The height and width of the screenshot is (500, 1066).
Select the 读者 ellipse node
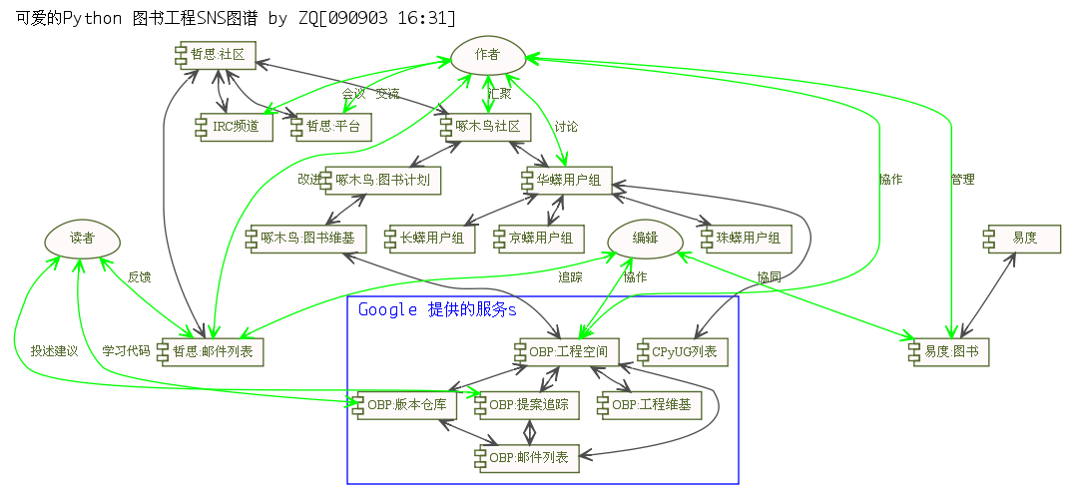coord(82,239)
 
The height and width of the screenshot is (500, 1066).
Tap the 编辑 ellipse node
coord(645,239)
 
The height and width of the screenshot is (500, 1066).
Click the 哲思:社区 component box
coord(215,55)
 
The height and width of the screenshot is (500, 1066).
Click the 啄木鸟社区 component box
coord(486,127)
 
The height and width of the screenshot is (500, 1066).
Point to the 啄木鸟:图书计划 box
coord(383,181)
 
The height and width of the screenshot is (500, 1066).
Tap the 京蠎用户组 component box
coord(539,239)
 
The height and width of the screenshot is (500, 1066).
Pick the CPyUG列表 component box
coord(683,351)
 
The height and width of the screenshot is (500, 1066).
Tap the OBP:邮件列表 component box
coord(527,458)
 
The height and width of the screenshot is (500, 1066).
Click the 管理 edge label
coord(962,180)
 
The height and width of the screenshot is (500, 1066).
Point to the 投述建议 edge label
coord(54,351)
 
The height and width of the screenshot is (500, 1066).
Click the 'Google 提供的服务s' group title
coord(437,310)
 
